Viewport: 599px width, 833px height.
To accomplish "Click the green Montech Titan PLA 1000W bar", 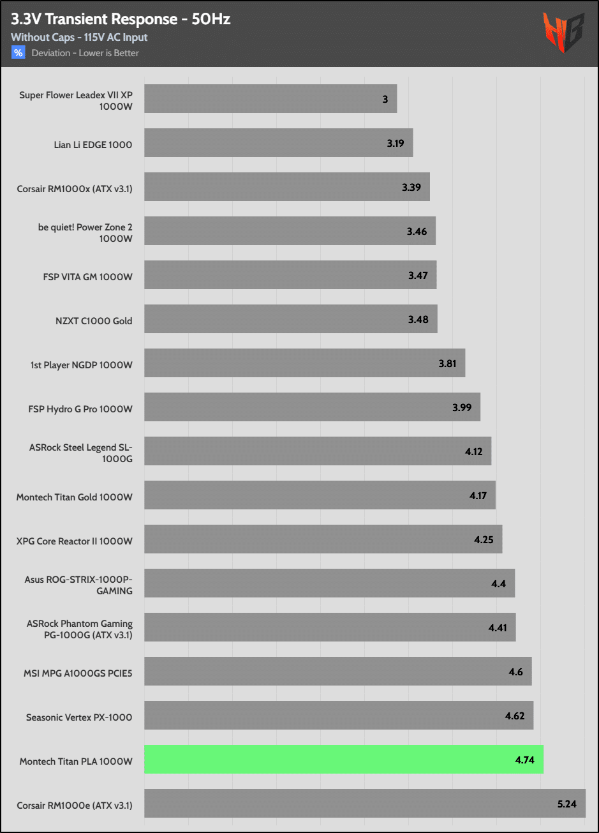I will click(x=343, y=760).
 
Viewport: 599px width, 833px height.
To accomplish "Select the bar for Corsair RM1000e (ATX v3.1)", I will click(x=364, y=804).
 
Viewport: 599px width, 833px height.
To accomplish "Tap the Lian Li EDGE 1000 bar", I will click(x=278, y=143).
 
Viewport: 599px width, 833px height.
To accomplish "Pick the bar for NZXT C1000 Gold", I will click(x=290, y=319).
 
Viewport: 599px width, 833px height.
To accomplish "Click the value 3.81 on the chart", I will click(x=447, y=363).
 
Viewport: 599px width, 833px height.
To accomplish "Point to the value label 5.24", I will click(x=566, y=804).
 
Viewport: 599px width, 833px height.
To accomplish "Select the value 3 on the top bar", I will click(x=385, y=100).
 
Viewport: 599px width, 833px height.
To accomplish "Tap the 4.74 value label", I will click(x=524, y=760).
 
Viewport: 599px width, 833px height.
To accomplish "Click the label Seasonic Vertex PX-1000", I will click(x=79, y=717).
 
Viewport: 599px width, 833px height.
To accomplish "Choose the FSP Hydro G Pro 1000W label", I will click(x=81, y=409).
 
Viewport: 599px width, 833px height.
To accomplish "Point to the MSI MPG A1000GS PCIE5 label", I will click(x=78, y=673).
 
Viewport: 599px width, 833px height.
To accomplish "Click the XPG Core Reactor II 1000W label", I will click(x=75, y=541).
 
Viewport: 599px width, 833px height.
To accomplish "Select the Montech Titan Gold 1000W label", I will click(x=75, y=497).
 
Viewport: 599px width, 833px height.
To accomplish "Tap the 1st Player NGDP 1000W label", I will click(x=82, y=364).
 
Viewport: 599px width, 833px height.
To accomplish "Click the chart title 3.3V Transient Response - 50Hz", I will click(x=121, y=20).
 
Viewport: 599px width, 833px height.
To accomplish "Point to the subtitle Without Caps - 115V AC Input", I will click(x=79, y=38).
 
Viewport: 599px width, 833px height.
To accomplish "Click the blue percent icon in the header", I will click(x=18, y=53).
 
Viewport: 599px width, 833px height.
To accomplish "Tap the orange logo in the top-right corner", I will click(x=563, y=33).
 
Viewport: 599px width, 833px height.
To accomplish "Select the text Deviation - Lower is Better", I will click(x=85, y=53).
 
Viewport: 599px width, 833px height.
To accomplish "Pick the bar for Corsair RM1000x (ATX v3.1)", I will click(x=286, y=187).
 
